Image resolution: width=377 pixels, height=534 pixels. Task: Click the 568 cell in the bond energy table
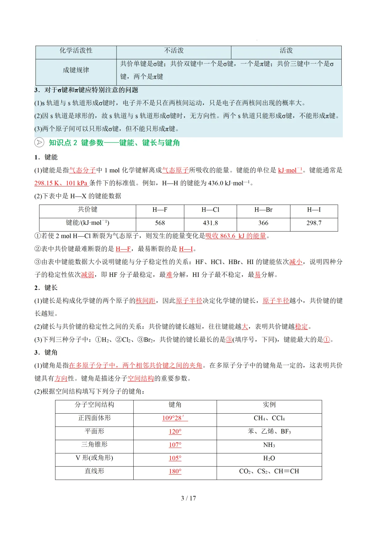[160, 223]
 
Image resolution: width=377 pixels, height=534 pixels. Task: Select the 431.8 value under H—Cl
[210, 223]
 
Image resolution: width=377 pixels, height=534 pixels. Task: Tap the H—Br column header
[263, 210]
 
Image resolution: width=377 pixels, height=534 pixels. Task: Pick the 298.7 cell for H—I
[314, 223]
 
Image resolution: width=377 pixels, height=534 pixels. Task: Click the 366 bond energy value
[263, 223]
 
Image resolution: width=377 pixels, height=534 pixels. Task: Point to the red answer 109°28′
[175, 418]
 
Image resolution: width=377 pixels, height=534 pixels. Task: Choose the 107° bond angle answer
[175, 445]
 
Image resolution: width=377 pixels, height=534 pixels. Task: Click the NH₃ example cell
[269, 445]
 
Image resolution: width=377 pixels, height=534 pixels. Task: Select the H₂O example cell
[269, 458]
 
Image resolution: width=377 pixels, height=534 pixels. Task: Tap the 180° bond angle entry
[175, 471]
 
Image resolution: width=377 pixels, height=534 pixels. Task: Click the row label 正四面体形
[94, 418]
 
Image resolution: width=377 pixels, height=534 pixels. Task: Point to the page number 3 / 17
[188, 498]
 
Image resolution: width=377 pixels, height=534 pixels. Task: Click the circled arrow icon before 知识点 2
[39, 143]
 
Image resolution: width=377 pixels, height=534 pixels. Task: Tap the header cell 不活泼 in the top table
[174, 51]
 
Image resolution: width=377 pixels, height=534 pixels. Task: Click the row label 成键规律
[76, 70]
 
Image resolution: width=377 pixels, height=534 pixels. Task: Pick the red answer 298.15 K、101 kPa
[61, 183]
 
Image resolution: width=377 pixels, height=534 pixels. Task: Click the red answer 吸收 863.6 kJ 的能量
[236, 236]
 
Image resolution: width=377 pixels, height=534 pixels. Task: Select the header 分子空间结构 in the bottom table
[94, 405]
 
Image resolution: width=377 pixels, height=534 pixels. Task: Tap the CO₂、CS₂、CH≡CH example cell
[269, 471]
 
